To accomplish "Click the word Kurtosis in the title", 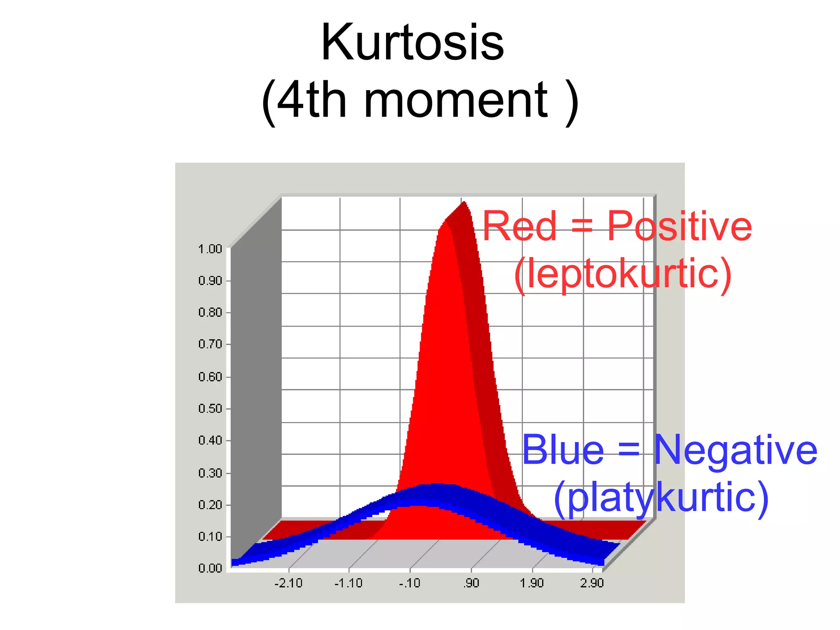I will tap(412, 43).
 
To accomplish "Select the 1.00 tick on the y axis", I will tap(210, 249).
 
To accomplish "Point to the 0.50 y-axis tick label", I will tap(210, 409).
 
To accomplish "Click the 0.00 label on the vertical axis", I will tap(210, 568).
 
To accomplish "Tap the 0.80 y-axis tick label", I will tap(210, 313).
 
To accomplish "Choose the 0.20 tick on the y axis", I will tap(210, 504).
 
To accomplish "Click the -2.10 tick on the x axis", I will tap(288, 583).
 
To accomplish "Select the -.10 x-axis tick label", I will tap(410, 583).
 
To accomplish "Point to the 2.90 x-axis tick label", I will tap(592, 583).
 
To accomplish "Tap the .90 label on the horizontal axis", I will tap(471, 583).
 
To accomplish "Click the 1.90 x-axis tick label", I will tap(532, 583).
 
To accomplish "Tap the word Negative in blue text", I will tap(735, 450).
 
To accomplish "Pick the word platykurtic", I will tap(661, 497).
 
